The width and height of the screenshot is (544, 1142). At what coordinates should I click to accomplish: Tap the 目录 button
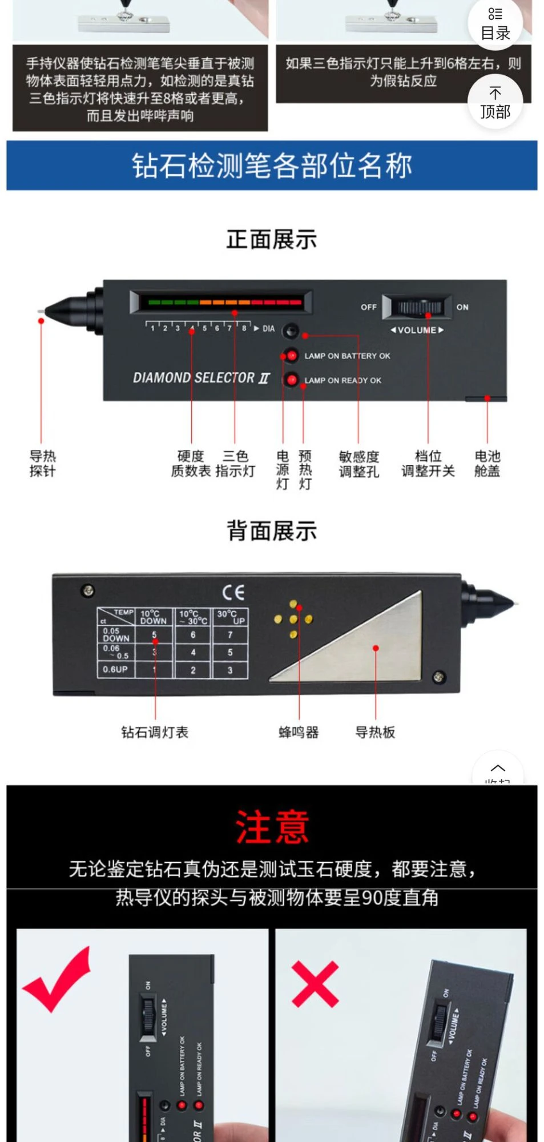tap(494, 23)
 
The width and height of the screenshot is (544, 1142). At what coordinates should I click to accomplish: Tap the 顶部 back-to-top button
tap(494, 103)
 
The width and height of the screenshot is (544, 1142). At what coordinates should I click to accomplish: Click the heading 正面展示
tap(272, 240)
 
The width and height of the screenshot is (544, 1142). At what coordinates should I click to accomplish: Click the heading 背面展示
tap(272, 531)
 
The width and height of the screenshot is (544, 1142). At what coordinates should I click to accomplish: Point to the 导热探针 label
tap(43, 463)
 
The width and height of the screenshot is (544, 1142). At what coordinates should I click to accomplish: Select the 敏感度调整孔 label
tap(358, 464)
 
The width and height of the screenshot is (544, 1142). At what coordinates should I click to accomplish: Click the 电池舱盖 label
tap(487, 463)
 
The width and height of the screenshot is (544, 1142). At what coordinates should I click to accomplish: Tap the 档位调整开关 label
tap(428, 464)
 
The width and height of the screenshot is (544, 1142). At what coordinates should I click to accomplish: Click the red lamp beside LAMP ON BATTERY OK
tap(291, 356)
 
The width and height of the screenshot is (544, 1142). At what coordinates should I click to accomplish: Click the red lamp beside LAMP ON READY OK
tap(291, 380)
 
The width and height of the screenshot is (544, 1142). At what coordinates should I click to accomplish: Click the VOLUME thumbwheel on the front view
tap(419, 307)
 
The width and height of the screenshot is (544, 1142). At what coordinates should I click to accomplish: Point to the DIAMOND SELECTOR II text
tap(200, 378)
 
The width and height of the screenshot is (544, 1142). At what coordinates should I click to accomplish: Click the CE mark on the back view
tap(233, 592)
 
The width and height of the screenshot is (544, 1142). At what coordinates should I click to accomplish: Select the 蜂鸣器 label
tap(299, 732)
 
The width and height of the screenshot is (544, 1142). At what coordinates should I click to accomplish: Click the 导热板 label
tap(375, 732)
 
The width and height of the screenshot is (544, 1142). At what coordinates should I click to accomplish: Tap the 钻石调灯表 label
tap(155, 732)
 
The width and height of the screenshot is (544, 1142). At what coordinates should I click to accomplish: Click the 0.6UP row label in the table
tap(115, 669)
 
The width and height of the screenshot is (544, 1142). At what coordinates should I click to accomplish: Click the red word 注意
tap(272, 827)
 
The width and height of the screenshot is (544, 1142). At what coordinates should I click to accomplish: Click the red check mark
tap(57, 978)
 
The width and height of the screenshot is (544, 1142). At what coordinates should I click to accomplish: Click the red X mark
tap(315, 983)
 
